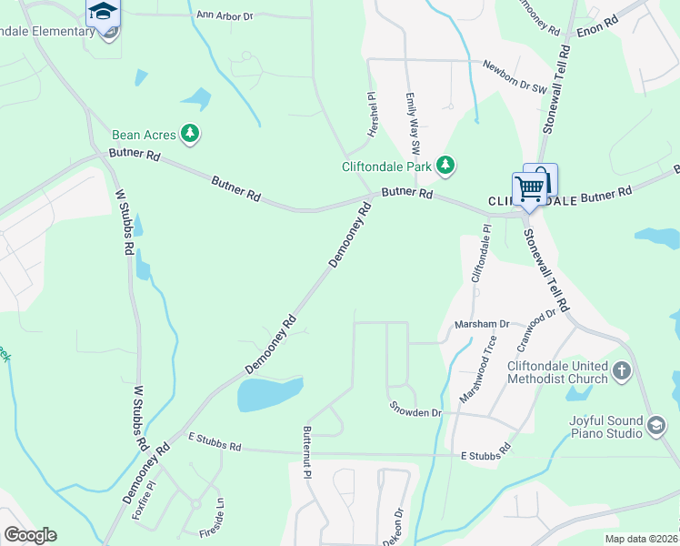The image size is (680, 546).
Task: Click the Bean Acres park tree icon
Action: pos(190,135)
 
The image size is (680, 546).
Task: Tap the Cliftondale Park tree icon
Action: pos(445,165)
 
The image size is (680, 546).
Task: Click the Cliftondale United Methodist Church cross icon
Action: pos(621,370)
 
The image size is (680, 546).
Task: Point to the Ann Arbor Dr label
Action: pos(224,15)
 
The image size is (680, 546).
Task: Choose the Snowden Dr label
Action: pos(415,409)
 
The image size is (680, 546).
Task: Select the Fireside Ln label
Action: pos(219,516)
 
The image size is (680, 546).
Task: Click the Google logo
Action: pos(30,535)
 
